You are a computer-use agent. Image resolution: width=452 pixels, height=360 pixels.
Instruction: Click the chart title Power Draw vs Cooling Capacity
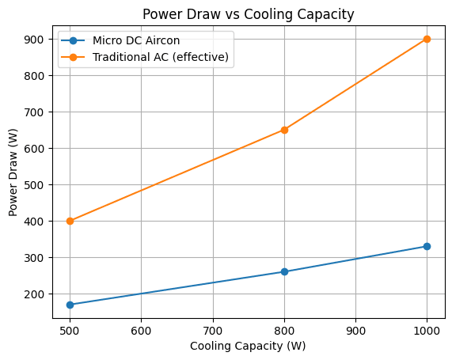tap(248, 13)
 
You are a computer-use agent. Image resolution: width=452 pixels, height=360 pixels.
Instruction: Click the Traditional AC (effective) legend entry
tap(162, 58)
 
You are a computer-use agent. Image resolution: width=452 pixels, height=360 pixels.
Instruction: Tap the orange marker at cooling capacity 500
tap(70, 221)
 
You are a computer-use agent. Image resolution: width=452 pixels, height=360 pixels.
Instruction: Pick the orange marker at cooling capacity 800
tap(284, 130)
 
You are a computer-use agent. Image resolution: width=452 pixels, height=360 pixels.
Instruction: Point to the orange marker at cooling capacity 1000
tap(427, 39)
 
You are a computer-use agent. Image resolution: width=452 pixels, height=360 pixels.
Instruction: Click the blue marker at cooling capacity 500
tap(70, 305)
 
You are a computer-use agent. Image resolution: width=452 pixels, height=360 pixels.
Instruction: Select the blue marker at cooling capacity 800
tap(284, 271)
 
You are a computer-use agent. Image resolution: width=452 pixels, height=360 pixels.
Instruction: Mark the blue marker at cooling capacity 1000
tap(427, 246)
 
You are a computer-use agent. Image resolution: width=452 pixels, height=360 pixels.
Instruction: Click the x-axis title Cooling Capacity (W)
tap(248, 346)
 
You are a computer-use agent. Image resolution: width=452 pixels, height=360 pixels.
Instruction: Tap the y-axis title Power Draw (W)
tap(13, 172)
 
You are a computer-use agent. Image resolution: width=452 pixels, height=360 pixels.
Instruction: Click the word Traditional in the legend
tap(119, 58)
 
